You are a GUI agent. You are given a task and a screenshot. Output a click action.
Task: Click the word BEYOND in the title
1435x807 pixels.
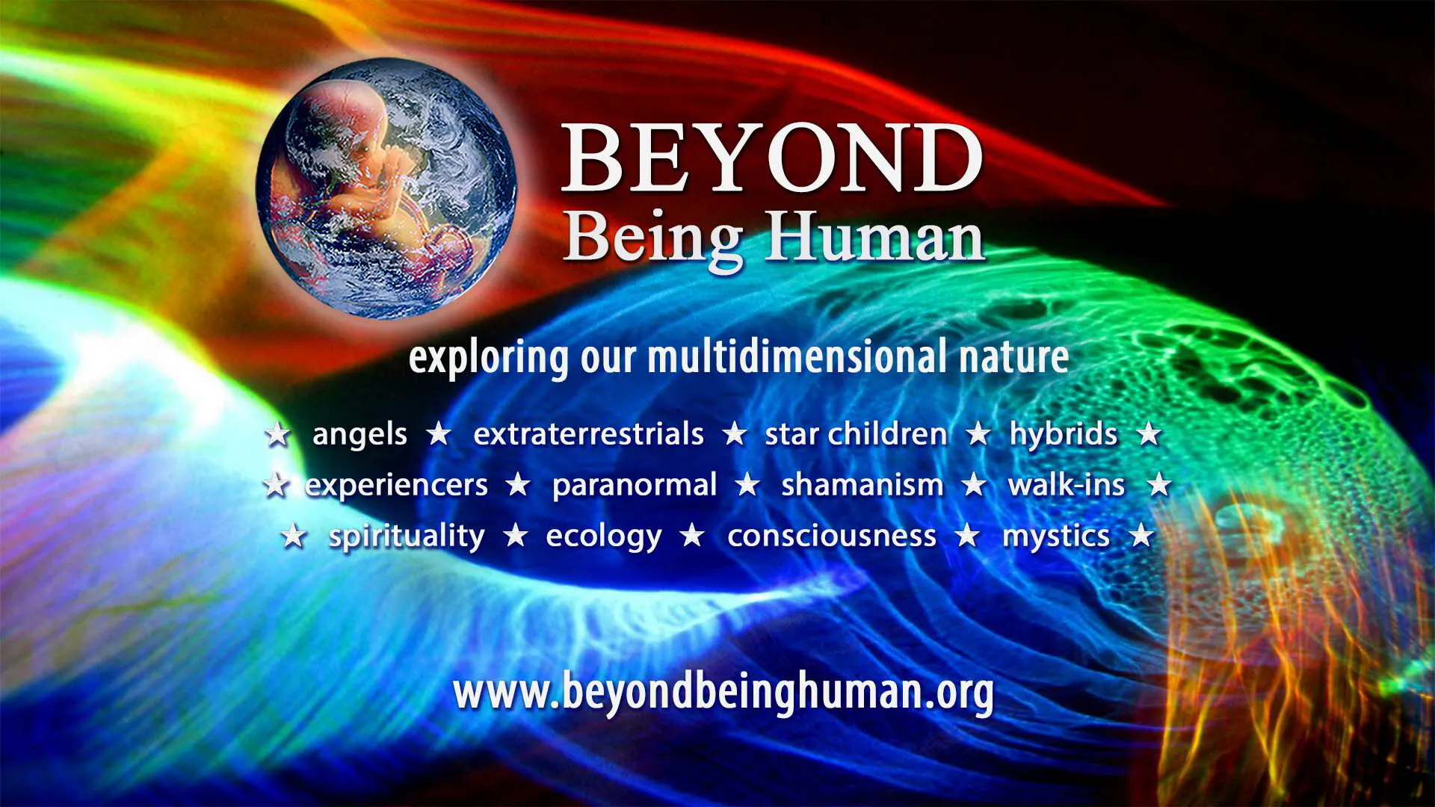[x=771, y=158]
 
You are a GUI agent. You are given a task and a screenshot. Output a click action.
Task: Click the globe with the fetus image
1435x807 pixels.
[x=386, y=189]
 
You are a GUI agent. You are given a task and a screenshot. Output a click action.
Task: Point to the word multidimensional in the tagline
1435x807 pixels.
[x=798, y=357]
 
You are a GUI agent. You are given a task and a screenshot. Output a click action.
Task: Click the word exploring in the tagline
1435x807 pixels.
[x=488, y=359]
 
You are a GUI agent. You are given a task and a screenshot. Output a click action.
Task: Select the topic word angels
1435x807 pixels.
[x=359, y=435]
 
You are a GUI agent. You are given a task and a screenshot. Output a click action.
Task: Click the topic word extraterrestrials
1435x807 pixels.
[x=588, y=434]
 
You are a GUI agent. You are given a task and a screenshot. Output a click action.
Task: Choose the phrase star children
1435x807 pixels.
[x=856, y=434]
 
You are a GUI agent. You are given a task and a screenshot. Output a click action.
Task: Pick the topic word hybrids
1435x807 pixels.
[x=1063, y=435]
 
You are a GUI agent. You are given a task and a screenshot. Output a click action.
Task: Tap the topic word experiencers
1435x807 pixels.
[x=396, y=486]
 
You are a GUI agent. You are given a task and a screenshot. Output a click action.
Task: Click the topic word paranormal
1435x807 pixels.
[x=635, y=486]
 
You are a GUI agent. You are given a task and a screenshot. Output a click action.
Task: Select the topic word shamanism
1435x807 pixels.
[x=862, y=486]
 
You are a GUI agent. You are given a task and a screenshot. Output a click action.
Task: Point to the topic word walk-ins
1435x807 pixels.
[x=1066, y=486]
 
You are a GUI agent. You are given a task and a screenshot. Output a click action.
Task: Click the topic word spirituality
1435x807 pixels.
[x=407, y=537]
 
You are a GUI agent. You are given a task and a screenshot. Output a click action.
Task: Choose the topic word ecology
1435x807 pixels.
[x=604, y=537]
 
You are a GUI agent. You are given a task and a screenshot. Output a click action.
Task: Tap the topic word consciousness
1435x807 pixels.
[x=831, y=537]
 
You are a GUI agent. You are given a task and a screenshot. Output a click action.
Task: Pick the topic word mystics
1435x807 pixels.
[x=1055, y=537]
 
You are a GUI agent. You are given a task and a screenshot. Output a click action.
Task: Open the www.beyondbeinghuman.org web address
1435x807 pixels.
[x=723, y=692]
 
